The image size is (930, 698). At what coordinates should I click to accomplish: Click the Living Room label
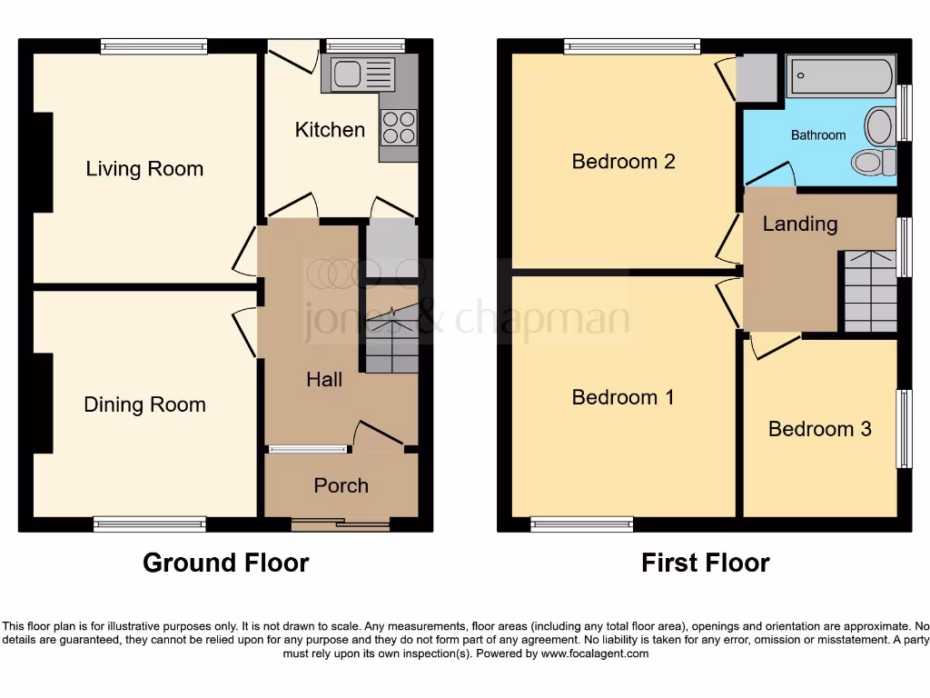click(x=144, y=168)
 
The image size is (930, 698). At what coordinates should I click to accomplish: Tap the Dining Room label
click(x=144, y=404)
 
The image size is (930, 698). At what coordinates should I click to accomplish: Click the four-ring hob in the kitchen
click(x=398, y=127)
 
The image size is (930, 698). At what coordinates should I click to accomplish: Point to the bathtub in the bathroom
click(x=840, y=76)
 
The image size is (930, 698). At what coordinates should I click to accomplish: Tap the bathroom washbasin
click(x=879, y=125)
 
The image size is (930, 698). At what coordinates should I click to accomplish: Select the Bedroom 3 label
click(x=819, y=428)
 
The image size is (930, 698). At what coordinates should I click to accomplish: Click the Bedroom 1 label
click(x=622, y=397)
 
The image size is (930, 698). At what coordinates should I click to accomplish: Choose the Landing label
click(x=799, y=224)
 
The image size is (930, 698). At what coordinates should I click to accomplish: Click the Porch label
click(x=341, y=485)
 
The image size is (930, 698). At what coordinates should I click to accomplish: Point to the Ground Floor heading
click(x=225, y=563)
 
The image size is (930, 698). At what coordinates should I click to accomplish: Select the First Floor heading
click(x=705, y=563)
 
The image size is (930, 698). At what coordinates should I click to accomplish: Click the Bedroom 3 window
click(x=905, y=429)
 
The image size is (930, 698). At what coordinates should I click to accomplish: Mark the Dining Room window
click(x=150, y=523)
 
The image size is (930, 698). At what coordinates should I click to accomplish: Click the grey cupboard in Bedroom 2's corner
click(x=757, y=77)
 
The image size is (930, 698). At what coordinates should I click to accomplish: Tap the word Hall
click(x=323, y=379)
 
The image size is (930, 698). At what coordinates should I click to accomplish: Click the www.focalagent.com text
click(x=594, y=653)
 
